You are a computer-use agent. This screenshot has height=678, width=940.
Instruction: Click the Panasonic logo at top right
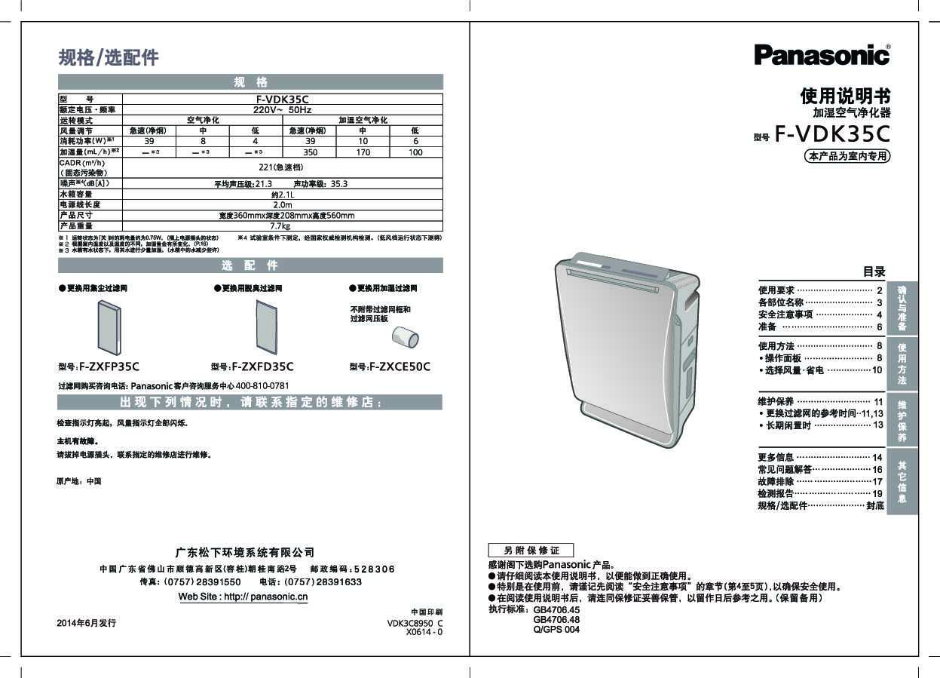822,55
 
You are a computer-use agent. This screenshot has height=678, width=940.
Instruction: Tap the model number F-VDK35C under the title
833,134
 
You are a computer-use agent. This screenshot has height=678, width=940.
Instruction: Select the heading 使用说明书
845,97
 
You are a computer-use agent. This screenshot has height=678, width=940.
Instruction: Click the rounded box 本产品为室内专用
848,157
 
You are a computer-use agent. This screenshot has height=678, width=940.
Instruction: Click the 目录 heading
874,272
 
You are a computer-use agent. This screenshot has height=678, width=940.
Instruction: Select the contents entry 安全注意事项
785,314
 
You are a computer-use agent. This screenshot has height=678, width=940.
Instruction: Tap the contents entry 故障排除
776,481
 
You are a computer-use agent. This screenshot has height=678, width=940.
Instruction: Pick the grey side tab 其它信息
902,483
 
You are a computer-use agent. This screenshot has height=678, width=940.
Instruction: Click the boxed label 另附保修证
531,551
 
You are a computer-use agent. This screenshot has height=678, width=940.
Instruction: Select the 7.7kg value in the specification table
280,225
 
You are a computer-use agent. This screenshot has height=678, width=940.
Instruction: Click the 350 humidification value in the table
310,152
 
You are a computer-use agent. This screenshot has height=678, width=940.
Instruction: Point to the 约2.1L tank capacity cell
282,194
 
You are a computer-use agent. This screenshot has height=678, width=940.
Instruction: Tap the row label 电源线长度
80,204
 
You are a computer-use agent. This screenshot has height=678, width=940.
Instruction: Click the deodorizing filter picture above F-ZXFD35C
267,327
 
